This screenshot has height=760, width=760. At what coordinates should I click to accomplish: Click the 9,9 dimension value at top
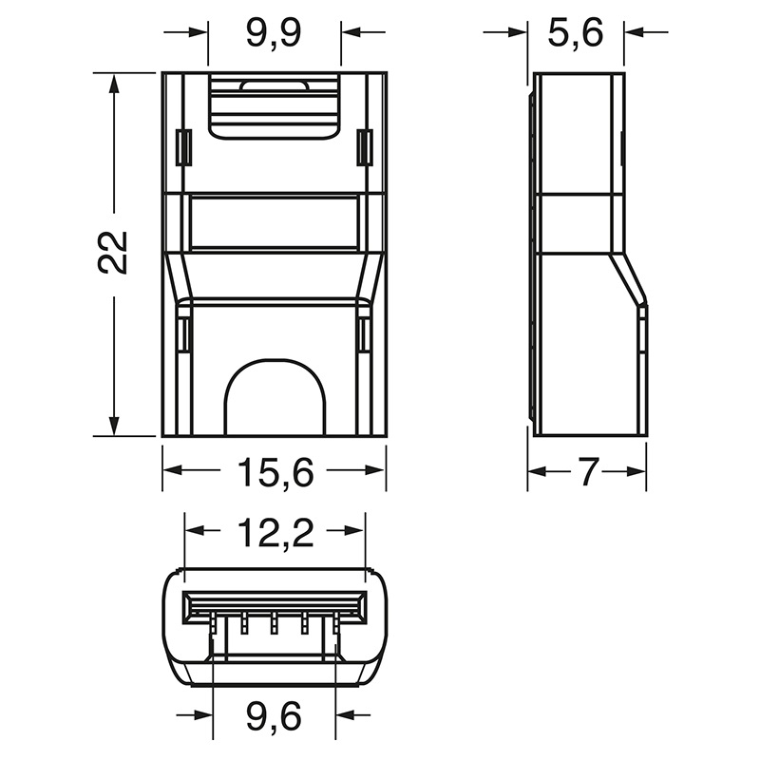[x=274, y=34]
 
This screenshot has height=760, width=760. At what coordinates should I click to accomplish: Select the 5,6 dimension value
[x=577, y=34]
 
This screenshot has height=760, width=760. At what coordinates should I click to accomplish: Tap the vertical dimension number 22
[x=113, y=252]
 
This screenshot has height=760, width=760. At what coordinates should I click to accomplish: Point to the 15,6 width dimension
[x=274, y=472]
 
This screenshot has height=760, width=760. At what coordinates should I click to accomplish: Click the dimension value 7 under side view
[x=587, y=472]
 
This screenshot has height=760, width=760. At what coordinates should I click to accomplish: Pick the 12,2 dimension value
[x=274, y=536]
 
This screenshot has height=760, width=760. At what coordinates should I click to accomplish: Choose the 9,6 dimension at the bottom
[x=274, y=715]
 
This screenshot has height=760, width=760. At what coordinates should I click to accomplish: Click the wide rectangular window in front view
[x=274, y=222]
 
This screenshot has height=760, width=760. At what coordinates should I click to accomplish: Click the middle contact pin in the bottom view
[x=274, y=624]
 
